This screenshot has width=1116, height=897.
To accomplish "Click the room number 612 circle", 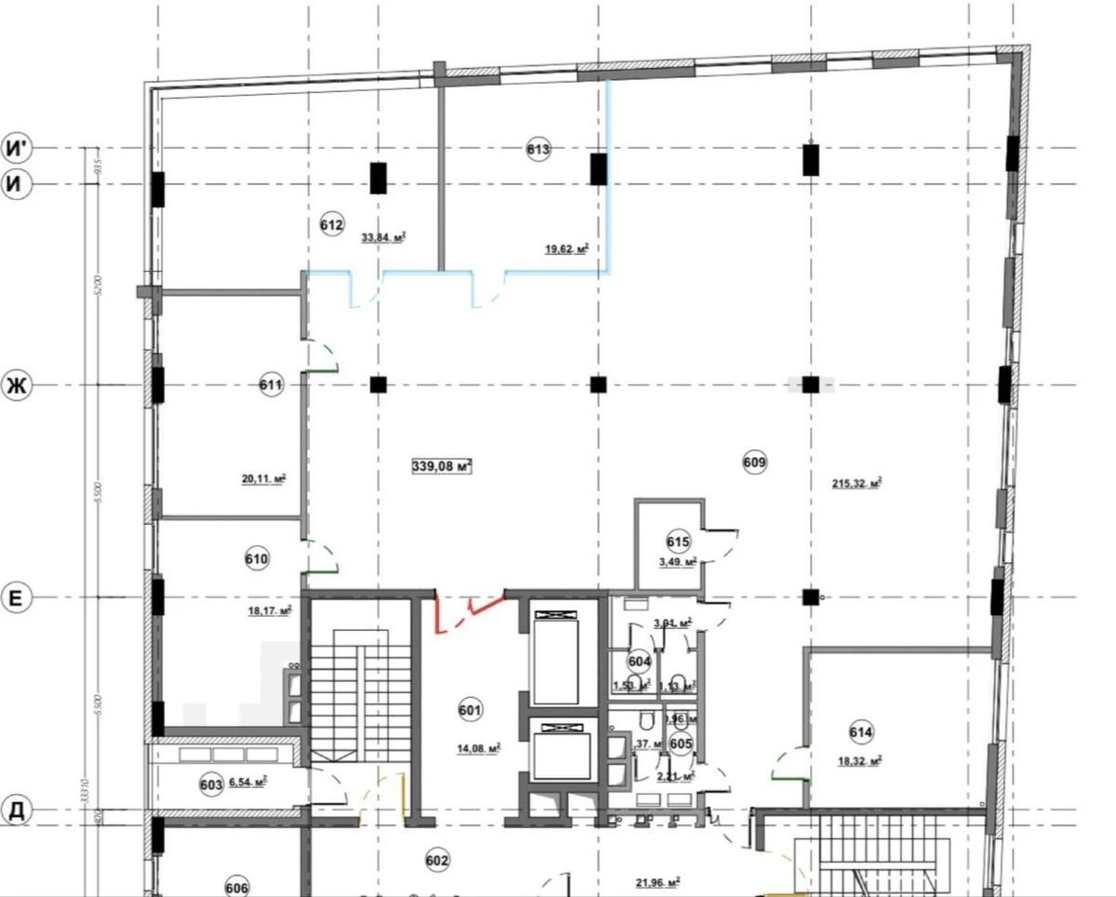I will coord(332,224).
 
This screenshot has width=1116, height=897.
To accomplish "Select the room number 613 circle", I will coord(538,149).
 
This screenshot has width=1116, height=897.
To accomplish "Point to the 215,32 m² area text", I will coord(857,483).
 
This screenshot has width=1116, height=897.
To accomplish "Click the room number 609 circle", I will coord(754,461).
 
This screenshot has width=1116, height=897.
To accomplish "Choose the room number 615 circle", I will coord(678,542).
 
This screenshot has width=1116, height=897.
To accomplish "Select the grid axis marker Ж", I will coord(16,385).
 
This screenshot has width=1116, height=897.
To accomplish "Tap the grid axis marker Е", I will coord(16,598).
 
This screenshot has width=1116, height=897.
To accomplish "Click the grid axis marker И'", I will coord(17,148).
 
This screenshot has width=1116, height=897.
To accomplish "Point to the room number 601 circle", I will coord(471,712).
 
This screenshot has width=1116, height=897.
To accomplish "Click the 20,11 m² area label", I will coord(263,480).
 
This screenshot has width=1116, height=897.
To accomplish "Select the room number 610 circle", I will coord(257,559).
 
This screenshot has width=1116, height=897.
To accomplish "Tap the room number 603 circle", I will coord(211,785).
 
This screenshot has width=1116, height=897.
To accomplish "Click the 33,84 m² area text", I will coord(384,237).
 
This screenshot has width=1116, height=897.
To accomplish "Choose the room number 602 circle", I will coord(437,861).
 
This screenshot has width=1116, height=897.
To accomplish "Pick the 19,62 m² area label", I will coord(567,249).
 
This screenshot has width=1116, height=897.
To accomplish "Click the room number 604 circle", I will coord(638,661).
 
